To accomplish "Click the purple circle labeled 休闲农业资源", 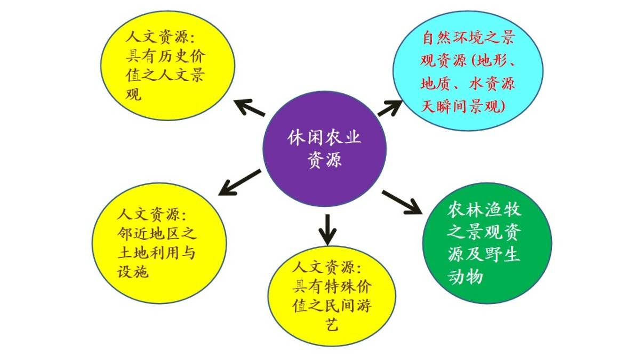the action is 325,149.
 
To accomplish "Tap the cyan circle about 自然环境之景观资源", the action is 468,71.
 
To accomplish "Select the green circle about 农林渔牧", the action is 487,243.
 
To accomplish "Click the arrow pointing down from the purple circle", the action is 327,229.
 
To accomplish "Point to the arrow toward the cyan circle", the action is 390,108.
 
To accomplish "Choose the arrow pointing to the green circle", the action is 402,202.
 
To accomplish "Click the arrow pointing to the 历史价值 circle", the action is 249,107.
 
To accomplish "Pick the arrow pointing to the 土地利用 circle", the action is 239,182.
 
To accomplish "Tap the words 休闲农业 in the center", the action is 324,138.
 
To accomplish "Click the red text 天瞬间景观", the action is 463,106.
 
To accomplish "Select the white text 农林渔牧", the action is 484,210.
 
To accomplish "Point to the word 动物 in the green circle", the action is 465,276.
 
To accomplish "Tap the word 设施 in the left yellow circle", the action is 133,271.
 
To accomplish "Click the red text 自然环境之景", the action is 468,37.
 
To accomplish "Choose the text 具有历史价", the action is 166,57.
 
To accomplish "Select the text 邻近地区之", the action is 157,234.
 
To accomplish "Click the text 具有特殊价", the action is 332,286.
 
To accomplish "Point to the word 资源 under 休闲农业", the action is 325,159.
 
